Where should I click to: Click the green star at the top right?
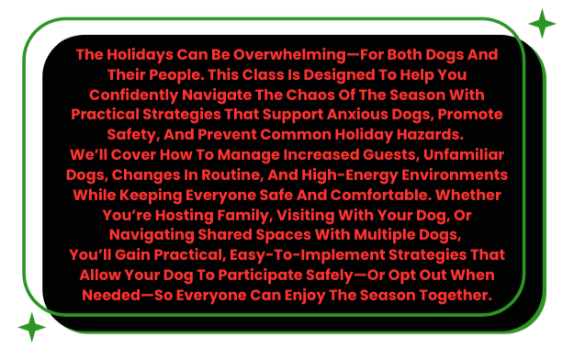[x=542, y=23]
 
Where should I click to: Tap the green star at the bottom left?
[x=32, y=327]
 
